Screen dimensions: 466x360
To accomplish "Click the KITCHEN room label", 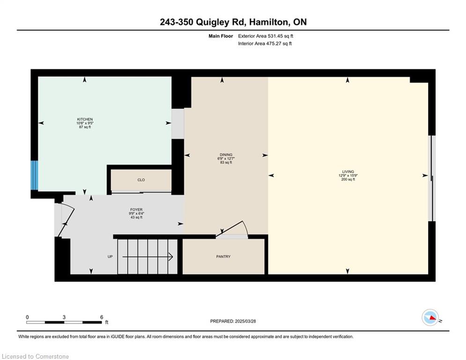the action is click(85, 120).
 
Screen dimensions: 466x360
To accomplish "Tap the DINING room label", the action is click(226, 155).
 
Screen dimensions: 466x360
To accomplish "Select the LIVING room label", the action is click(348, 172).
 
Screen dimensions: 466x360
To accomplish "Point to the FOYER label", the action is click(136, 210).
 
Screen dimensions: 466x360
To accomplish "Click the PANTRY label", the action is click(223, 256).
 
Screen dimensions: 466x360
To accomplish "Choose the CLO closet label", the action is click(141, 180).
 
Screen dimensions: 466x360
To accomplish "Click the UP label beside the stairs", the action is click(110, 256).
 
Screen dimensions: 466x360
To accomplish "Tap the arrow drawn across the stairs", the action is click(148, 257).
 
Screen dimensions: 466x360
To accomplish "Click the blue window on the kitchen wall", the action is click(35, 175).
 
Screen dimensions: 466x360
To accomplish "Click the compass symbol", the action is click(430, 317).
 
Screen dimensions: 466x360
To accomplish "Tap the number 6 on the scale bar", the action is click(101, 317).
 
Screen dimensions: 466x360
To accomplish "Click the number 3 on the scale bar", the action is click(64, 317).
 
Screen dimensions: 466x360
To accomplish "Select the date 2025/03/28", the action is click(245, 321).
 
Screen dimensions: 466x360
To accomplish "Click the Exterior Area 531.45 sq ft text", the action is click(266, 36).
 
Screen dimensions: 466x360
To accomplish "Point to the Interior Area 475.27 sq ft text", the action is click(265, 44).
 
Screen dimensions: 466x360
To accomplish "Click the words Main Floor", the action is click(221, 36).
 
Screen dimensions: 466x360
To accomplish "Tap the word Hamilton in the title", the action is click(269, 22).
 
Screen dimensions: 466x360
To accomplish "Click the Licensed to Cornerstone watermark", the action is click(35, 356).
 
